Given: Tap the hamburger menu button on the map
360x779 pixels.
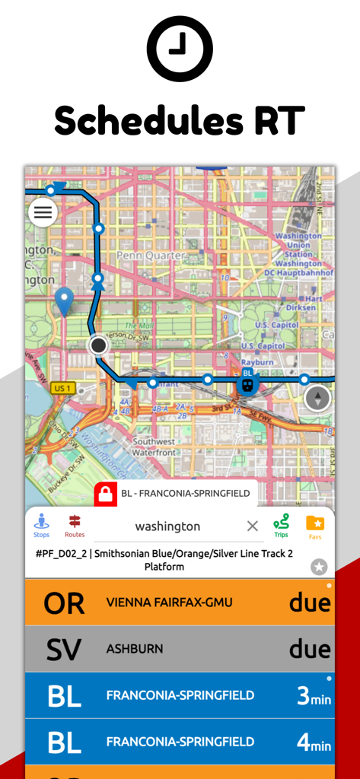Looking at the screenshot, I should pos(43,212).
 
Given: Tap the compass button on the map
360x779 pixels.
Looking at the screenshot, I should pos(318,398).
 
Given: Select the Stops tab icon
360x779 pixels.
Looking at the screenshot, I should pos(42,525).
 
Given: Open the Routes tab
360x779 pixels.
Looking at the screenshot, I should pos(75,525).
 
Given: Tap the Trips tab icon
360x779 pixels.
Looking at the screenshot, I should pos(282,525).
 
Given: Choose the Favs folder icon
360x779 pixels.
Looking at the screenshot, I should pos(315,525).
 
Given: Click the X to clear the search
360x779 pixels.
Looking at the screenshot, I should pos(253,526).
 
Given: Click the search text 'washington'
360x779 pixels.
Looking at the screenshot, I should pos(167,526).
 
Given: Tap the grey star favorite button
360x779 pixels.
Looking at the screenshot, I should pos(319,567).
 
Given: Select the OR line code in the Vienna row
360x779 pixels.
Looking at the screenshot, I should pos(64,603).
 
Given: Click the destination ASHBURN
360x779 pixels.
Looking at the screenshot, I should pos(135,649).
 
